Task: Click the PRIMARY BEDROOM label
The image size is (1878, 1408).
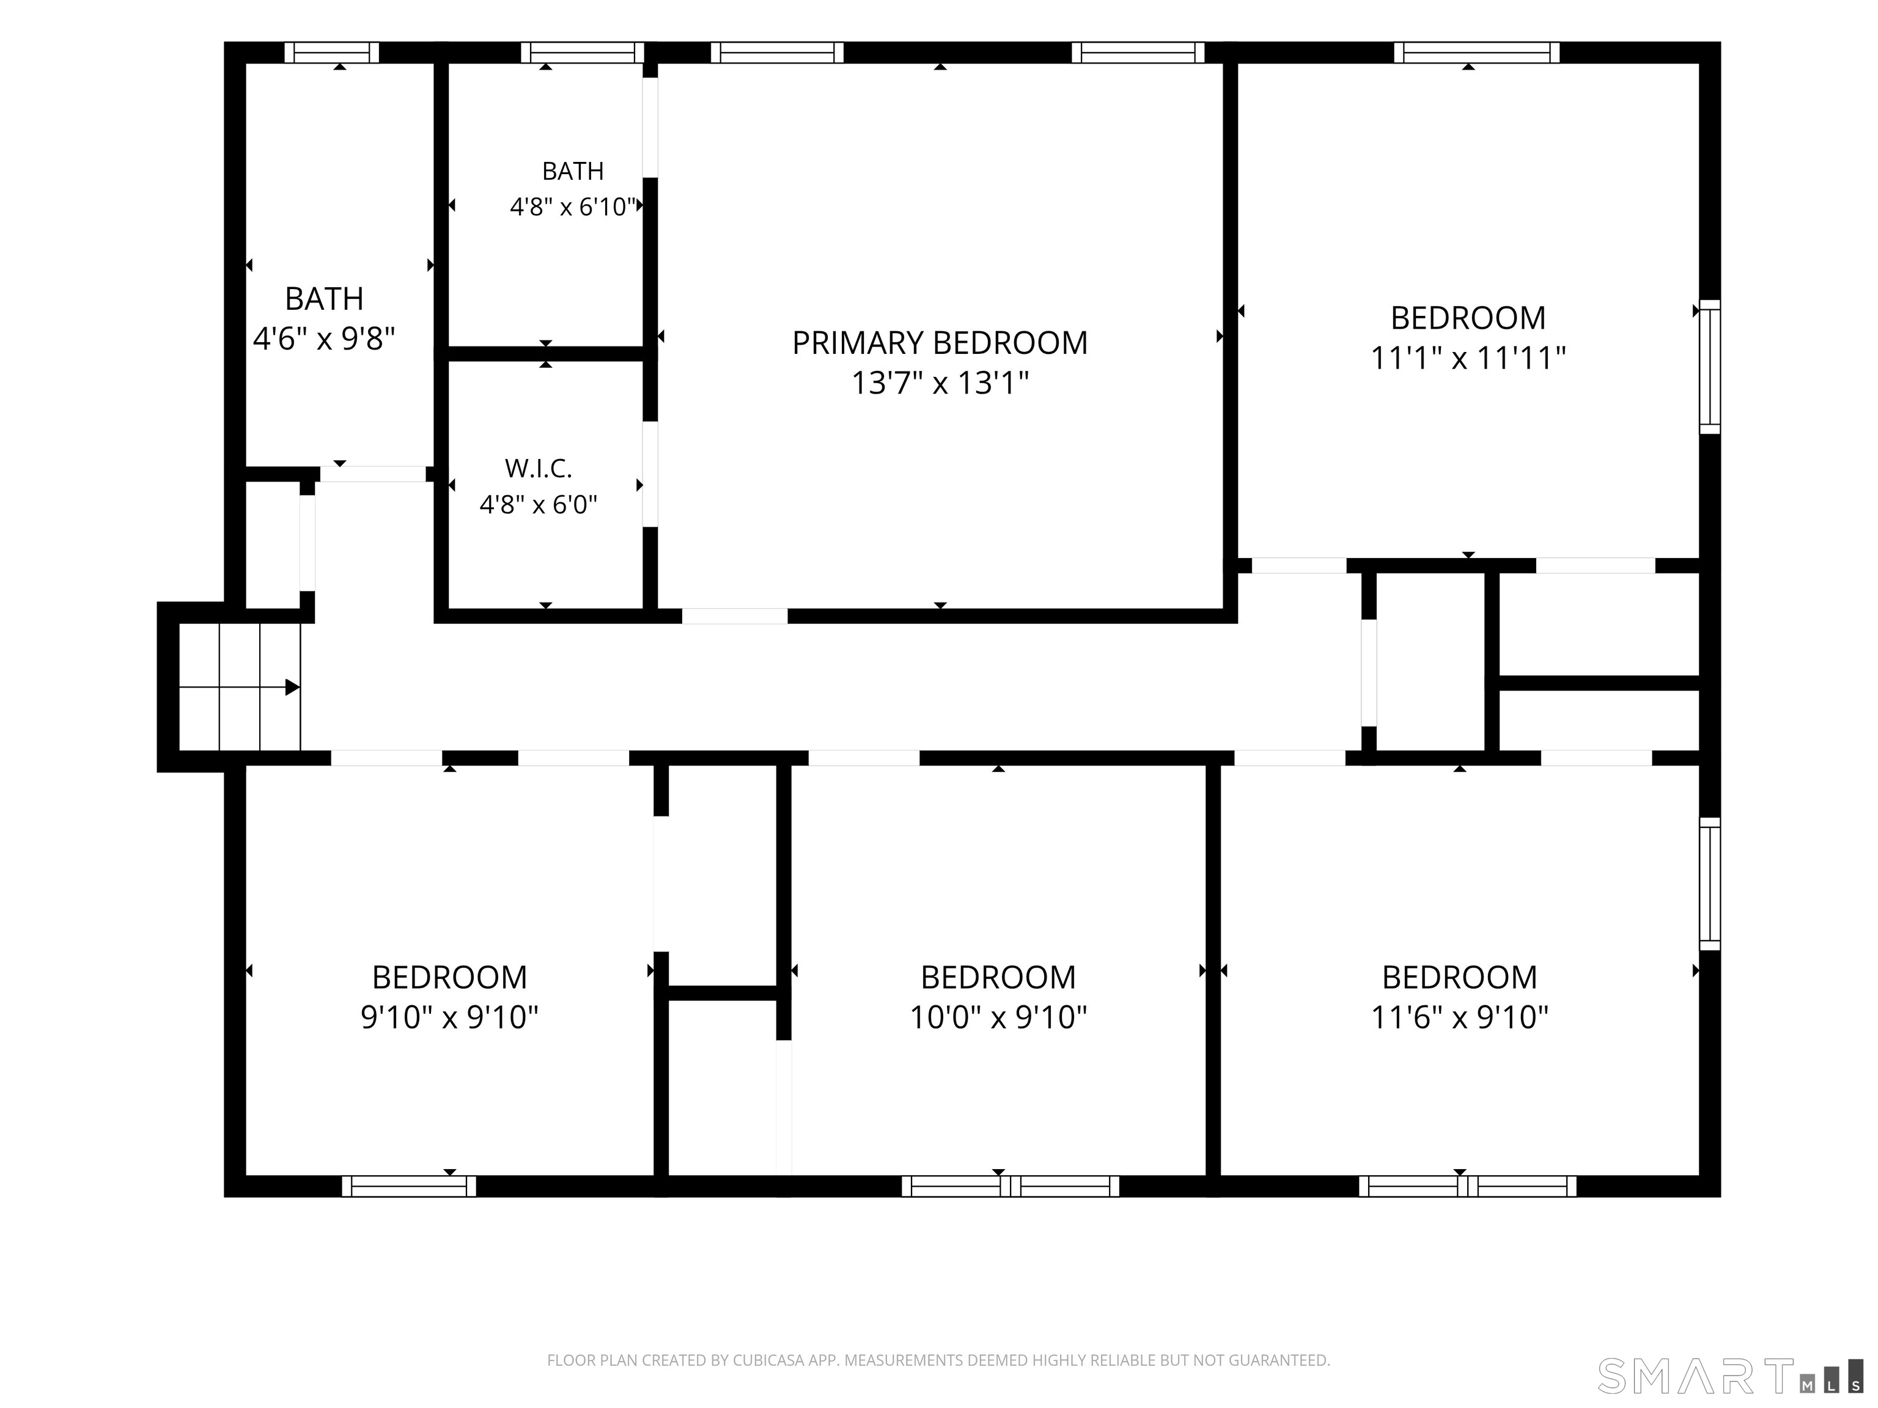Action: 940,343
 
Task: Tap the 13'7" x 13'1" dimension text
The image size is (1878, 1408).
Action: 940,384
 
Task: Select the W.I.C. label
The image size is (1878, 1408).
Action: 538,469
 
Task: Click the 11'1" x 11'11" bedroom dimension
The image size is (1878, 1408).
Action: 1468,358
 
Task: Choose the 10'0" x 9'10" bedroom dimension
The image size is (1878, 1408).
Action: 998,1017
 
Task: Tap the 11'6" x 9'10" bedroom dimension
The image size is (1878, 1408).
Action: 1459,1017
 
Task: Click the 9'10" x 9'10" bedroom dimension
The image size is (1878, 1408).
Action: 450,1017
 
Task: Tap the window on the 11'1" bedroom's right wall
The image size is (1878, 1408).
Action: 1710,367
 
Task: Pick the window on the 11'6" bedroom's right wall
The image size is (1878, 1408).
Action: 1710,884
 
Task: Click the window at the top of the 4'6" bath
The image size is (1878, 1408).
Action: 332,53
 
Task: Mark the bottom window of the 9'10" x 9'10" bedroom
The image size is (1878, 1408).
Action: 409,1186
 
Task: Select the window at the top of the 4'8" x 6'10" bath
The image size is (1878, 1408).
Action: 583,53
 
